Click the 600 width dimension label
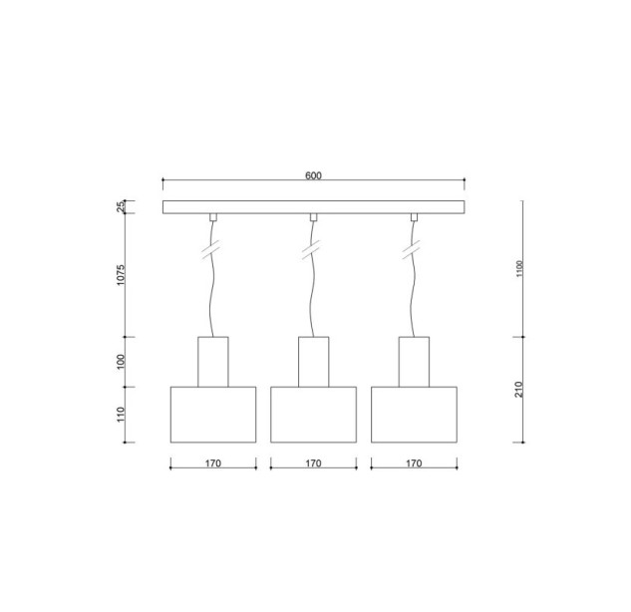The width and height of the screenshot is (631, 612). (313, 175)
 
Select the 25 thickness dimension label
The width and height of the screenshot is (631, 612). (122, 206)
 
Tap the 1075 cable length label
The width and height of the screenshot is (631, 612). (122, 275)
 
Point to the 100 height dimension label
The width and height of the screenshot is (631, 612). (122, 362)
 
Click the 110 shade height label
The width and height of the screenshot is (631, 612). (122, 415)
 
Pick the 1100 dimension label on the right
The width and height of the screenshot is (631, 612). (519, 269)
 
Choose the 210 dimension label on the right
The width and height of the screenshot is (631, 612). (518, 389)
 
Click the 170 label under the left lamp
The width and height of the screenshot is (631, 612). (213, 463)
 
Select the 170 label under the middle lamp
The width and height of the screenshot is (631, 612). (313, 463)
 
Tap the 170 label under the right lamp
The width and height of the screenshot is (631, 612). (414, 463)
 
